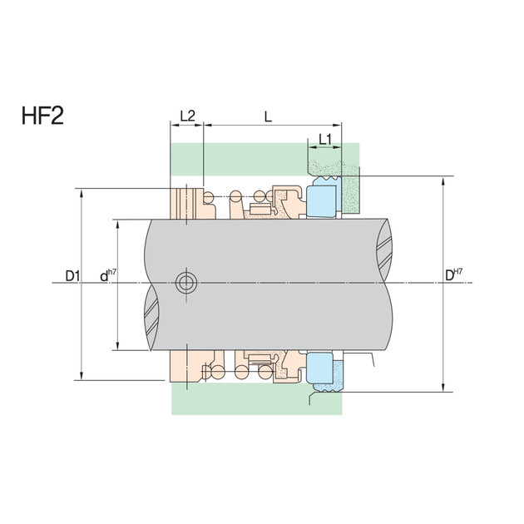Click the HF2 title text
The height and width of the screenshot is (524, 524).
coord(42,116)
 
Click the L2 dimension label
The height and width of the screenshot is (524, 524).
coord(187,116)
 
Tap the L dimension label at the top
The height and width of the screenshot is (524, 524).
coord(268,116)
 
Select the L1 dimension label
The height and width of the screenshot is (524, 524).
coord(325,140)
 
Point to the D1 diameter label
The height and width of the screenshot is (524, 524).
coord(72,276)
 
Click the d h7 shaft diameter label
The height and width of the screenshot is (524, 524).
coord(108,275)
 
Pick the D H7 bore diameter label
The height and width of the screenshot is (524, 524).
coord(454,274)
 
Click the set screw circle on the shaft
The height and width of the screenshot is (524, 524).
coord(186,283)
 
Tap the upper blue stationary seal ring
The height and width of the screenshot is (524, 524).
coord(321,200)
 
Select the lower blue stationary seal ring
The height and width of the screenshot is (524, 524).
coord(320,368)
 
